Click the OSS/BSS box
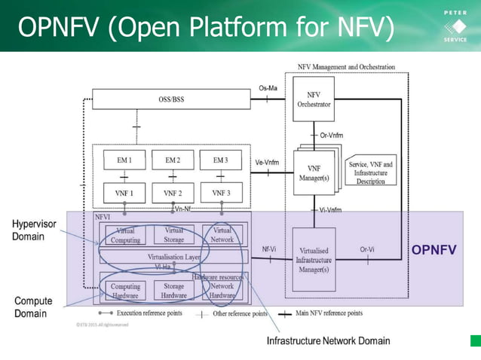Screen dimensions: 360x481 pyautogui.click(x=171, y=99)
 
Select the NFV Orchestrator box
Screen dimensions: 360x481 pyautogui.click(x=314, y=99)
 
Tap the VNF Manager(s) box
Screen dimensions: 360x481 pyautogui.click(x=314, y=172)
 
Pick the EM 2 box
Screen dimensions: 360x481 pyautogui.click(x=173, y=160)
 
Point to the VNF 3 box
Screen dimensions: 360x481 pyautogui.click(x=220, y=193)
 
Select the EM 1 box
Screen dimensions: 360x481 pyautogui.click(x=125, y=160)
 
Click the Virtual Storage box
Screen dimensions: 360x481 pyautogui.click(x=173, y=235)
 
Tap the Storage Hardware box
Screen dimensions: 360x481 pyautogui.click(x=173, y=291)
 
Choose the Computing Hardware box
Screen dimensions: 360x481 pyautogui.click(x=125, y=291)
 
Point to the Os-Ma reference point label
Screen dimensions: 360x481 pyautogui.click(x=268, y=88)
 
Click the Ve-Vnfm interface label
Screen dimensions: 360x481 pyautogui.click(x=267, y=162)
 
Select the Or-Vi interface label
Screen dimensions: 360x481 pyautogui.click(x=367, y=249)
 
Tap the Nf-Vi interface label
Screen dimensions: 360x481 pyautogui.click(x=268, y=249)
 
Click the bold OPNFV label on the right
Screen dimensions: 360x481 pyautogui.click(x=434, y=249)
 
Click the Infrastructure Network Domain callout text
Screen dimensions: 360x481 pyautogui.click(x=329, y=340)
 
